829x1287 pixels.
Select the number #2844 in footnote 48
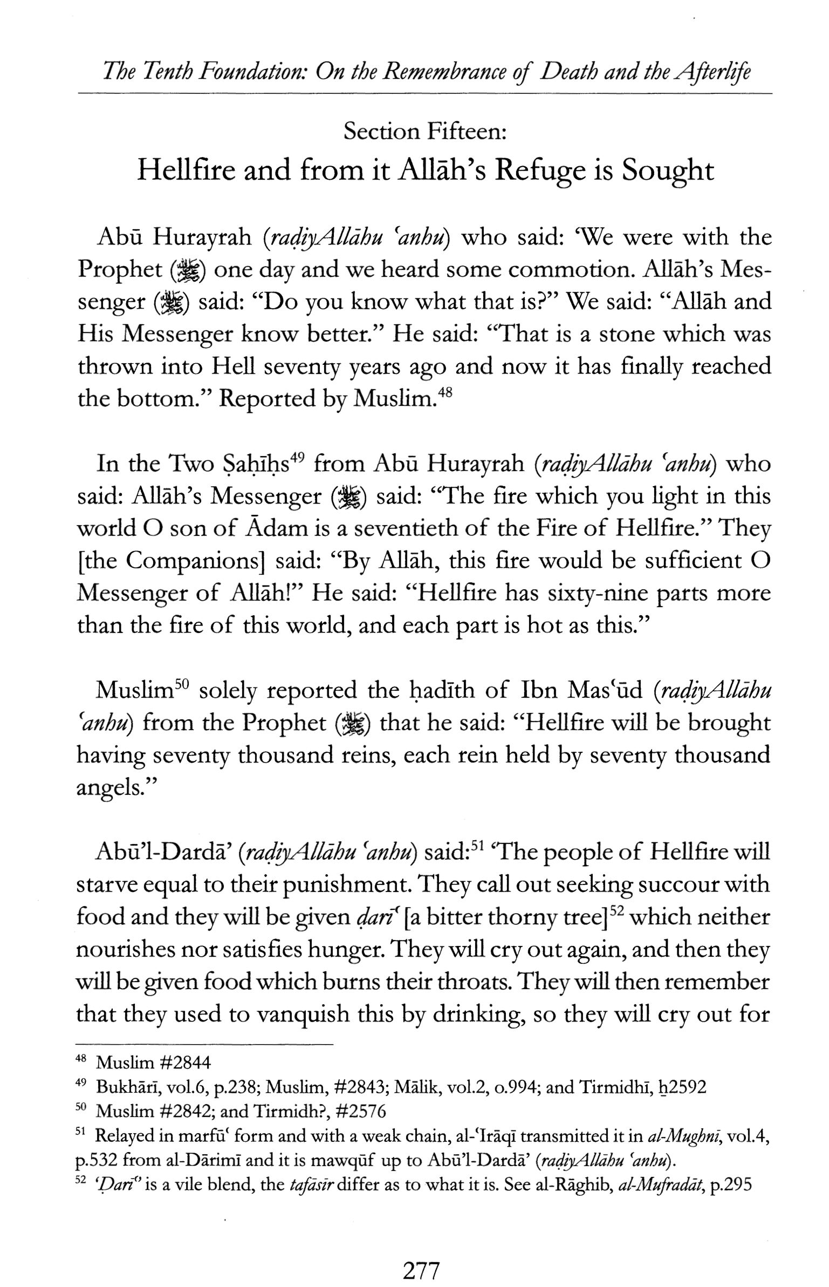[185, 1063]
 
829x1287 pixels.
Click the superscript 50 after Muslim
[181, 684]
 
